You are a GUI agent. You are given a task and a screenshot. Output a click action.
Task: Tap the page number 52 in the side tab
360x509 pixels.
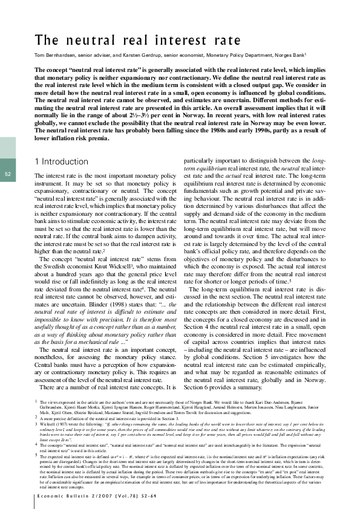8,175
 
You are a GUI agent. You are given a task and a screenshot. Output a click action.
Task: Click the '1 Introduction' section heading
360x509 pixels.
64,161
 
